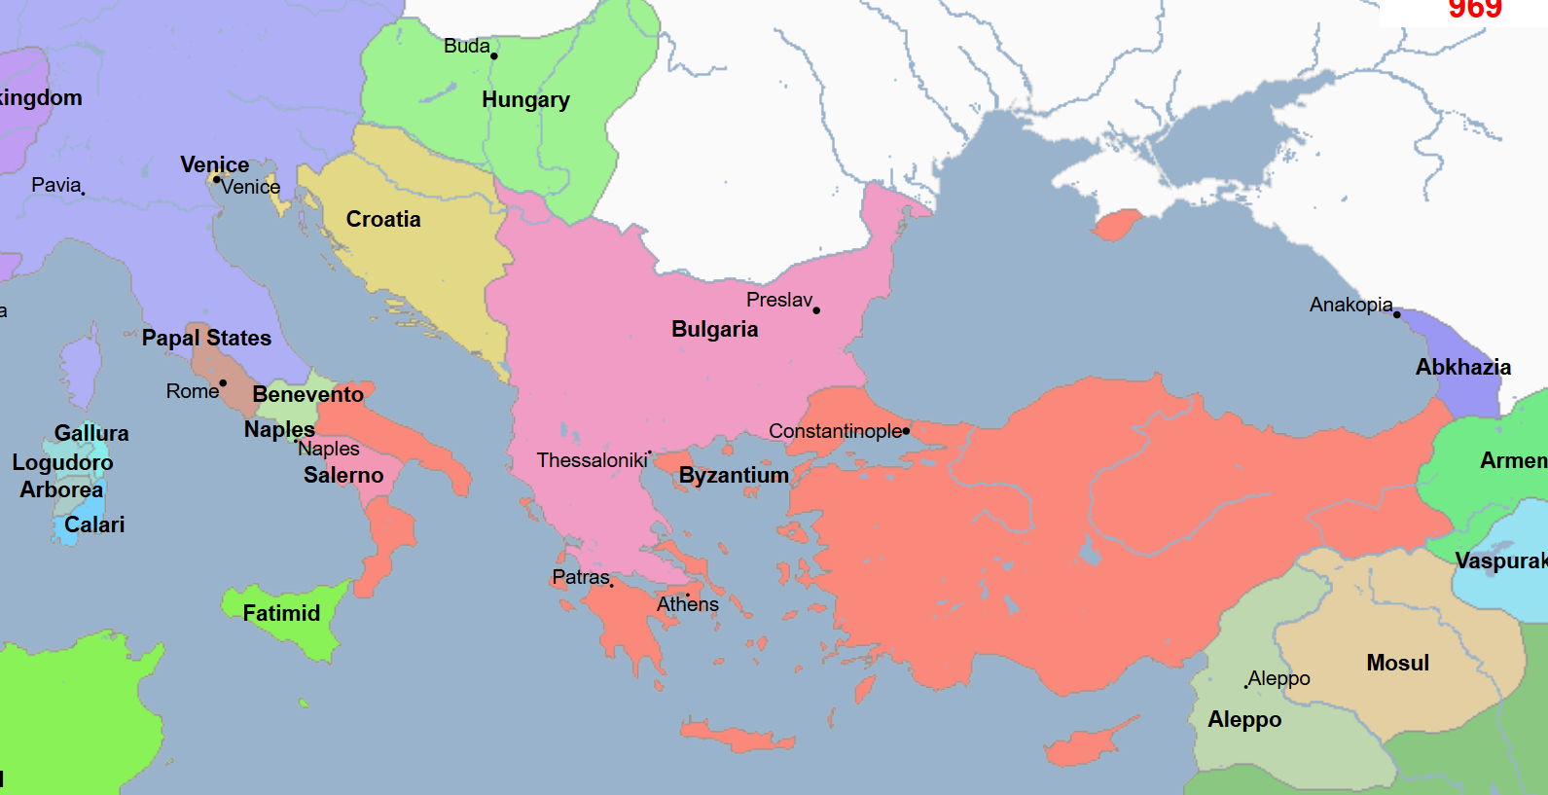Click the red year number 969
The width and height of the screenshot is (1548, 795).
pos(1475,9)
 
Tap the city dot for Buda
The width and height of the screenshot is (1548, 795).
pos(494,55)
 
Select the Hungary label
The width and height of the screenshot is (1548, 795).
pos(525,99)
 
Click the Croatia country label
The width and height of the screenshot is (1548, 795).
pos(383,219)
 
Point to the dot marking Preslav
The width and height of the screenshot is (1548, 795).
pos(816,310)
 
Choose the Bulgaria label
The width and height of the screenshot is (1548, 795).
pos(714,329)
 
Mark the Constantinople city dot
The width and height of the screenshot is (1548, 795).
pos(906,430)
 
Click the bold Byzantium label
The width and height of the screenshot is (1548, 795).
pos(734,475)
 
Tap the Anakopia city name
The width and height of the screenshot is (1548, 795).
pos(1350,305)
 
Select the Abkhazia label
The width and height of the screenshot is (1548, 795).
pos(1462,367)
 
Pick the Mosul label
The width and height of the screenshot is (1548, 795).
pos(1397,663)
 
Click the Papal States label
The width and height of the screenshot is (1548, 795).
pos(206,338)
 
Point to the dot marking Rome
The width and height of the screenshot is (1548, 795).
pos(223,383)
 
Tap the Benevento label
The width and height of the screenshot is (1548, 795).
pos(307,394)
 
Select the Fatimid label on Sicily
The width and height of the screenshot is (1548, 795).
pos(281,613)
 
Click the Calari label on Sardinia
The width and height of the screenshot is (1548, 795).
pos(94,524)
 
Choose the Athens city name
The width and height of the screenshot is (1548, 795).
pos(687,604)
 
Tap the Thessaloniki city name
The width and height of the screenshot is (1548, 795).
pos(592,460)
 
